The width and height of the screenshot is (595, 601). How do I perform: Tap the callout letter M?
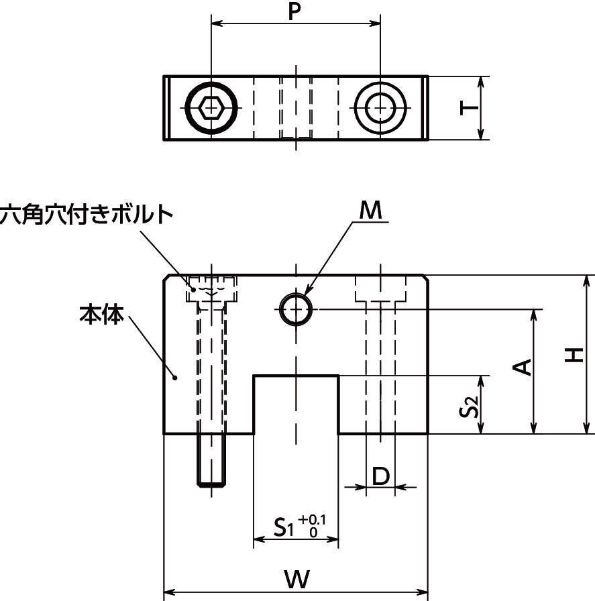click(370, 211)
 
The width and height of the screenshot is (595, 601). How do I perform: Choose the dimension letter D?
click(380, 476)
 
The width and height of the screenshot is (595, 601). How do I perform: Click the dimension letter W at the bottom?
click(296, 579)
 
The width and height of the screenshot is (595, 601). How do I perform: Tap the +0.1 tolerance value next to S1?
click(313, 520)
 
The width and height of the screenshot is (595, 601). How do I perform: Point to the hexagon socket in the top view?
click(211, 107)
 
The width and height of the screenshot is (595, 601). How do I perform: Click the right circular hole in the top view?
click(380, 107)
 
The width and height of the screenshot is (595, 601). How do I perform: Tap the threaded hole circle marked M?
click(296, 309)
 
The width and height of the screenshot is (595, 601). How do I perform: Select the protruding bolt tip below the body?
click(212, 459)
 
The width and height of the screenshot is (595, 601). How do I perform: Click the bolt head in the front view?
click(212, 289)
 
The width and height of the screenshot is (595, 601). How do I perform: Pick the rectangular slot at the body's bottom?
click(296, 404)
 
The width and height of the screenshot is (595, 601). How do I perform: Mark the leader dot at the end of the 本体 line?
click(176, 378)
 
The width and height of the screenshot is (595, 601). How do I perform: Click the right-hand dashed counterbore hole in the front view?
click(380, 356)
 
